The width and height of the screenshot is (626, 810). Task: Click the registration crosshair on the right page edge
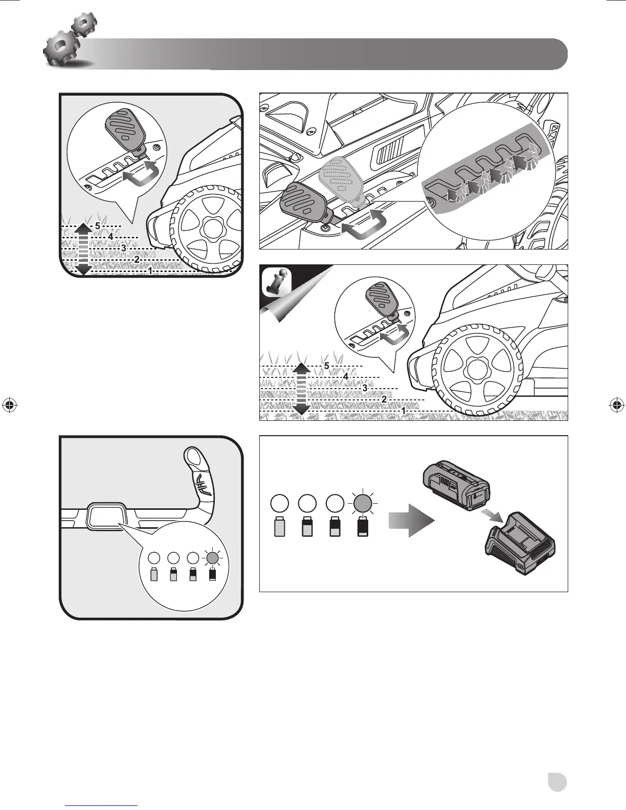[616, 405]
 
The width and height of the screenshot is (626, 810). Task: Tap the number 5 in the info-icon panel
[327, 366]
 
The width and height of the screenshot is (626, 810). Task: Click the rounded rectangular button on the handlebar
[107, 516]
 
